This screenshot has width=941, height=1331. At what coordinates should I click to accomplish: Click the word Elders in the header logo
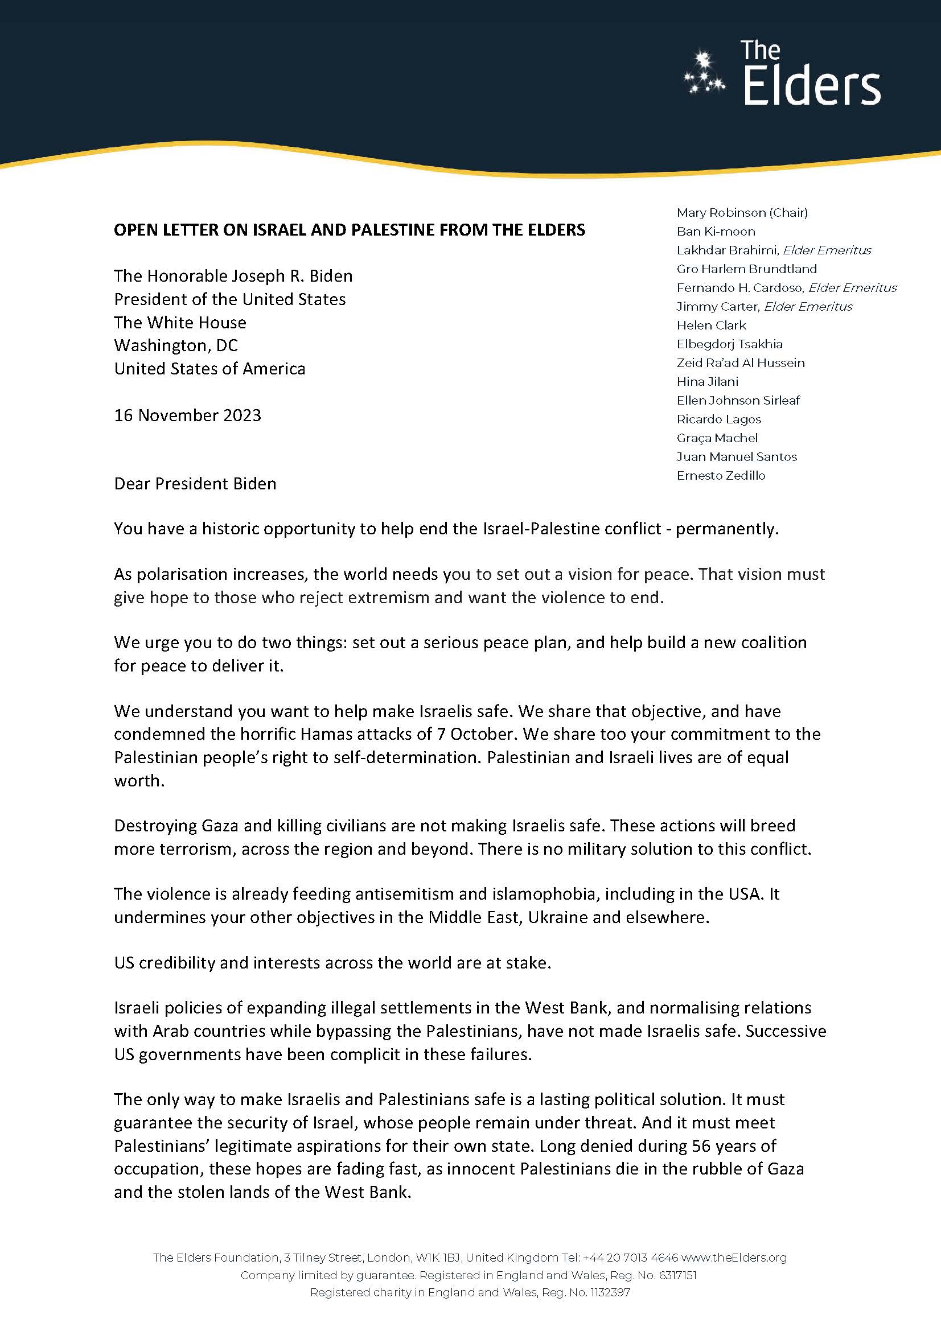click(811, 87)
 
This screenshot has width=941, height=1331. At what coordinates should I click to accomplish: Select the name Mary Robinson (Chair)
click(742, 213)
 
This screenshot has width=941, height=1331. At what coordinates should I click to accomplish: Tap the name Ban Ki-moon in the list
click(716, 231)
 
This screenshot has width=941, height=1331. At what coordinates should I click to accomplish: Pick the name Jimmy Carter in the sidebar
click(718, 307)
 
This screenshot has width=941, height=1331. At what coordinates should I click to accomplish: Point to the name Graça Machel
click(717, 438)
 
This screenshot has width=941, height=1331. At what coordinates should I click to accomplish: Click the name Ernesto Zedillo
click(721, 476)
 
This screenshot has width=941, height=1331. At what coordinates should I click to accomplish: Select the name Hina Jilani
click(707, 381)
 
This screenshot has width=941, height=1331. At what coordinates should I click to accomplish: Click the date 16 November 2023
click(187, 415)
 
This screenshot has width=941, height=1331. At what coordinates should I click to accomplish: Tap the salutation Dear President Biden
click(195, 484)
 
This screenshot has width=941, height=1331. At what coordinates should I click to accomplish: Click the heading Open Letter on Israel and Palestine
click(349, 230)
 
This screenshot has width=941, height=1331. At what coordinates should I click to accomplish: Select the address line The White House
click(180, 322)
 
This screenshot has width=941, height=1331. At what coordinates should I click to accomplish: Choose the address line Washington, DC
click(176, 345)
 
